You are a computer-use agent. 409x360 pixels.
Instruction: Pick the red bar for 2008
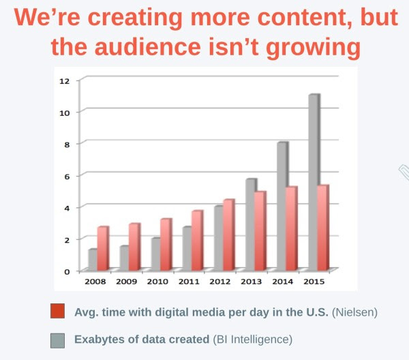(102, 248)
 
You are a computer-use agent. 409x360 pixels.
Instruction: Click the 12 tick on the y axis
(65, 80)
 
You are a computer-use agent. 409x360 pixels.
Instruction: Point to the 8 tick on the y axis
(67, 144)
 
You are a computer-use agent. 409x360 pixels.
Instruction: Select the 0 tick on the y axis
(67, 271)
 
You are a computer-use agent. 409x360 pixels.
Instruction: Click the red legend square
(58, 312)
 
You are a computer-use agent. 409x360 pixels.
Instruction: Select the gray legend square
(58, 339)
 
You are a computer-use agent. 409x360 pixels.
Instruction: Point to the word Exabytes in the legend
(102, 339)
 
